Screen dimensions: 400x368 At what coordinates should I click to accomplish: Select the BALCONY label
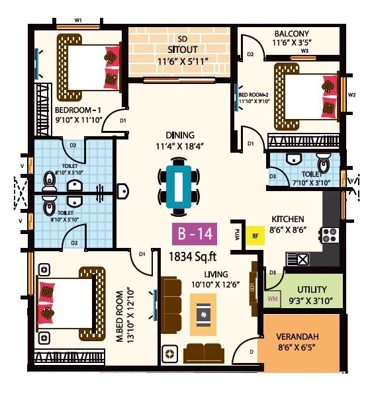point(292,34)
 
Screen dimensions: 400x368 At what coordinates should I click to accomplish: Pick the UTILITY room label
point(310,291)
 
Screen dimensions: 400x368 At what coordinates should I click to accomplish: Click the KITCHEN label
point(287,219)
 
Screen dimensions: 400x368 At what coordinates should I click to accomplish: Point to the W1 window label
point(78,20)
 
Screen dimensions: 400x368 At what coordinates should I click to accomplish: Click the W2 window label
point(351,94)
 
